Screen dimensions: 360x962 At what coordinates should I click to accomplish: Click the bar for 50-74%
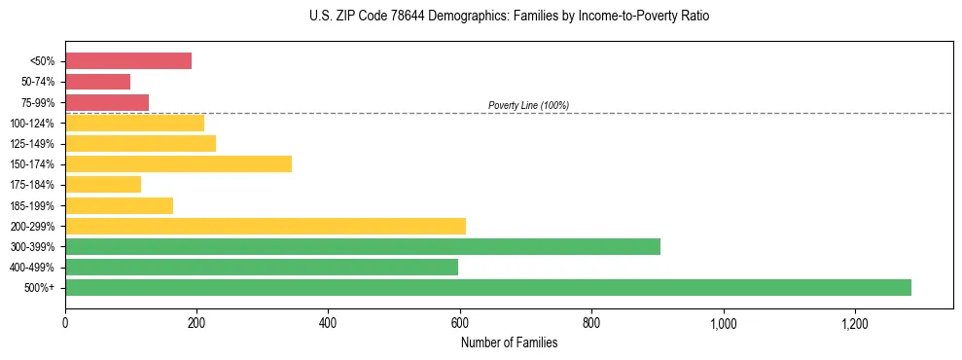[x=97, y=82]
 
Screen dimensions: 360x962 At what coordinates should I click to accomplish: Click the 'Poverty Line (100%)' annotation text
[x=528, y=105]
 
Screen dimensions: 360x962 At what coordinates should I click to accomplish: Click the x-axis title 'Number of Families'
[x=509, y=342]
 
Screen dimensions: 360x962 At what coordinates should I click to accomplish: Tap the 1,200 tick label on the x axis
[x=855, y=323]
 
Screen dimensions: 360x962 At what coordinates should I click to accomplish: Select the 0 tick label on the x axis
[x=65, y=323]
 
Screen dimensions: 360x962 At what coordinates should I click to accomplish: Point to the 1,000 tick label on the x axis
[x=724, y=323]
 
